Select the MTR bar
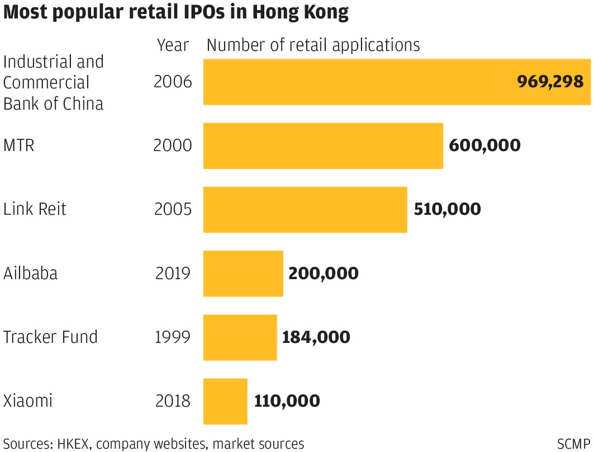(323, 145)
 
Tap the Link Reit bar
(305, 209)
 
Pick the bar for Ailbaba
(243, 274)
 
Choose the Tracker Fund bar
(240, 337)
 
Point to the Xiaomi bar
(225, 401)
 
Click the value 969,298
(550, 82)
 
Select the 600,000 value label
(484, 145)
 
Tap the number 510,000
(447, 209)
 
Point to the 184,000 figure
(316, 337)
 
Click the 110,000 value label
(287, 401)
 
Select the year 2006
(173, 82)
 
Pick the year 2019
(173, 274)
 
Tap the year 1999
(173, 337)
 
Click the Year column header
(173, 45)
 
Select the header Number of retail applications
(313, 45)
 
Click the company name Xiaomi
(28, 401)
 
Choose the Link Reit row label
(35, 209)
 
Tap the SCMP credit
(573, 444)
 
